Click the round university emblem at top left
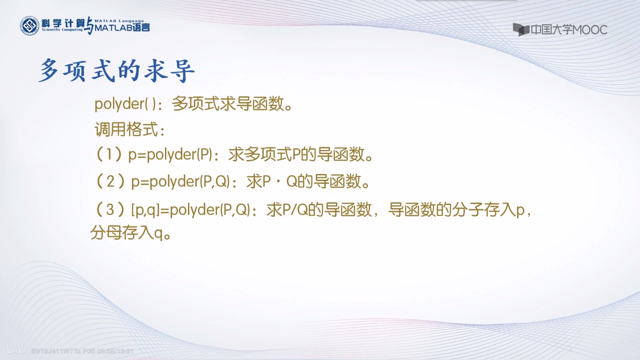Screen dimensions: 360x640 pos(29,26)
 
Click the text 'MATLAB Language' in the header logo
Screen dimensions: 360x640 pos(119,21)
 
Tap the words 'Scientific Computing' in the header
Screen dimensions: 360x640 pos(62,30)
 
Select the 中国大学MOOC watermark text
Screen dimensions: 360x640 pos(569,30)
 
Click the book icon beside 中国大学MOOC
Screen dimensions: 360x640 pos(521,30)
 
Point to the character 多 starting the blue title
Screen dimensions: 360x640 pos(49,71)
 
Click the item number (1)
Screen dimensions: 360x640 pos(109,154)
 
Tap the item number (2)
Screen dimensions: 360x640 pos(110,181)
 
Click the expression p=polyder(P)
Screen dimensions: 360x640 pos(170,154)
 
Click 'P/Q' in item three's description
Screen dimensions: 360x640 pos(295,210)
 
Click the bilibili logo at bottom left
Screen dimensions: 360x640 pos(17,350)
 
